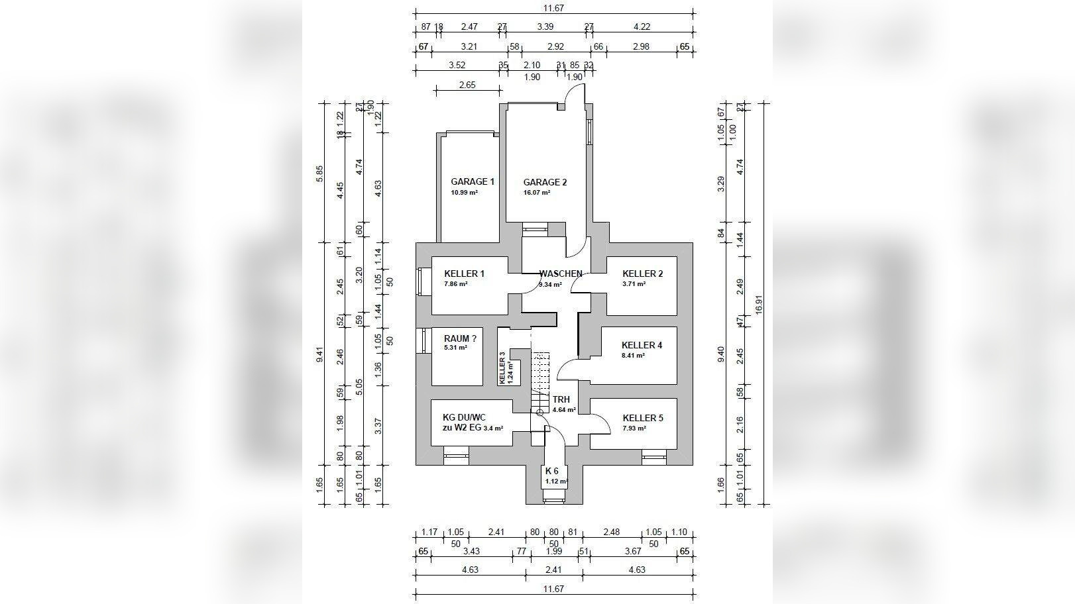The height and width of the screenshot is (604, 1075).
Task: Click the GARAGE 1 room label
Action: click(473, 181)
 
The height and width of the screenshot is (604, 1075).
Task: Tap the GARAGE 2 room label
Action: click(545, 182)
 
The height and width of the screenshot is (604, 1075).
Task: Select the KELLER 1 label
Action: click(464, 274)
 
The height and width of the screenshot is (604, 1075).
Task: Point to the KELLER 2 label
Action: click(642, 274)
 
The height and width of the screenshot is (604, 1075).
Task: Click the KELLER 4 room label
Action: click(642, 345)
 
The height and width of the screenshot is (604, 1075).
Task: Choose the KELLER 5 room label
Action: click(642, 418)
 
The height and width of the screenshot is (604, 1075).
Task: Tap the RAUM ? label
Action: click(460, 338)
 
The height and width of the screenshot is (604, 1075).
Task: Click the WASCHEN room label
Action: click(561, 274)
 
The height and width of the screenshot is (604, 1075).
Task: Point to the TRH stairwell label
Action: click(561, 399)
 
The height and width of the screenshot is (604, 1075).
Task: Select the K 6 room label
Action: click(552, 471)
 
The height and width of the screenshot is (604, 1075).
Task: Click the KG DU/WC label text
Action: click(464, 417)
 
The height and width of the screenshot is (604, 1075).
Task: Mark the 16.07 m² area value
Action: click(537, 193)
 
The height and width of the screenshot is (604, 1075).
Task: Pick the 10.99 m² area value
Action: click(464, 193)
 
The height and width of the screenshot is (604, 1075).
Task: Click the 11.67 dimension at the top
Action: click(553, 9)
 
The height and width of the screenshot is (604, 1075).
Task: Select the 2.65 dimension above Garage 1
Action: click(467, 85)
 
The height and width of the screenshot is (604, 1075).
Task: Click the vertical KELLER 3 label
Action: click(502, 368)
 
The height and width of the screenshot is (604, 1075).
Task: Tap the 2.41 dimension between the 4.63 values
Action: click(553, 570)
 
